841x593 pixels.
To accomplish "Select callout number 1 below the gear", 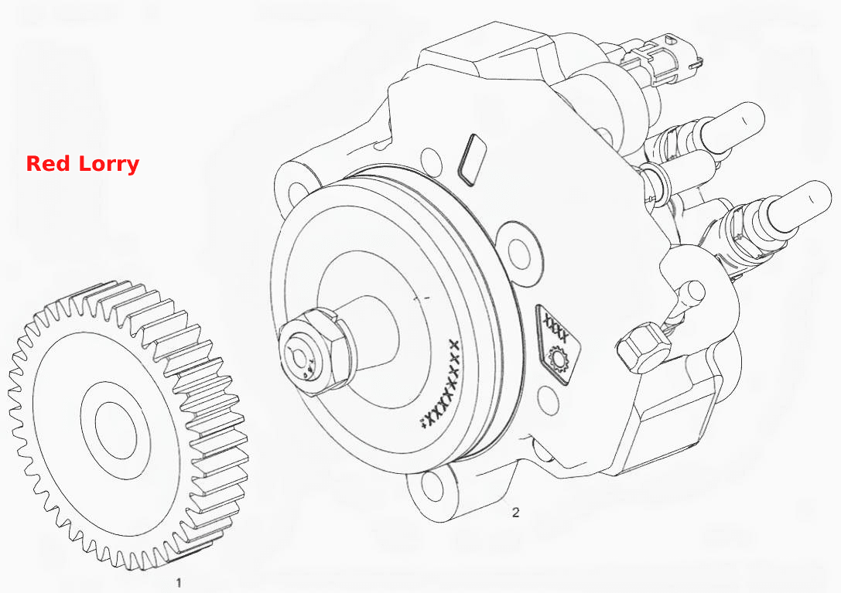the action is click(x=179, y=582).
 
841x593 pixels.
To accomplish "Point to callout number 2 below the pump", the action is click(x=515, y=513).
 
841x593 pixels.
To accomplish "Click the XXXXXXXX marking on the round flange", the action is click(x=439, y=384).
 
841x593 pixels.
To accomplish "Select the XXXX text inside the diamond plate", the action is click(x=556, y=328).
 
